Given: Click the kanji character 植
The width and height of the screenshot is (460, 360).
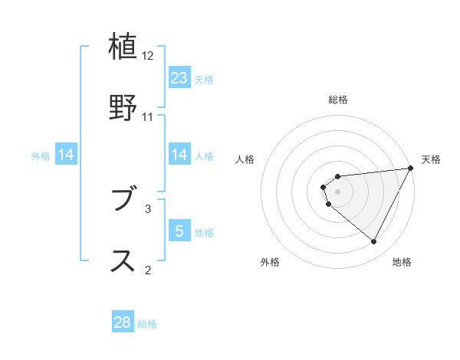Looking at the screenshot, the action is tap(123, 47).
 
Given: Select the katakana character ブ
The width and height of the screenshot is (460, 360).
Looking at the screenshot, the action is tap(123, 201).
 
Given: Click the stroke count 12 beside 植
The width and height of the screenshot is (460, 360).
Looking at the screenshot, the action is tap(148, 56).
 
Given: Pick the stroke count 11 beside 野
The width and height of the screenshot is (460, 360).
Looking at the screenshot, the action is tap(148, 117).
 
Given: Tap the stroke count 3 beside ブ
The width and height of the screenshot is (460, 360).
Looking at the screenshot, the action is tap(148, 208).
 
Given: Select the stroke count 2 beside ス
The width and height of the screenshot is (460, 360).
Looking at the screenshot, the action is tap(148, 269).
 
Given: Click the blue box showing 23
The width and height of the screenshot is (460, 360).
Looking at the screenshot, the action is tap(179, 78).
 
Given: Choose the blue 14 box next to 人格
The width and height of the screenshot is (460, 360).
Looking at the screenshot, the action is tap(179, 155).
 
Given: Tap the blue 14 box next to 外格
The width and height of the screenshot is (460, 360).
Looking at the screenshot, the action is tap(66, 155).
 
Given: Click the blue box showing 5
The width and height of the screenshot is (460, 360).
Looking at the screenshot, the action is tap(179, 231).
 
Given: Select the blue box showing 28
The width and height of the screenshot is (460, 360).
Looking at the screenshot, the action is tap(123, 322).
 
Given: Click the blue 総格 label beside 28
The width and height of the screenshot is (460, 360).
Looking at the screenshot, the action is tap(147, 324).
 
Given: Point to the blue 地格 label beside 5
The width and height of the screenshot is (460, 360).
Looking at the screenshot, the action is tap(204, 233).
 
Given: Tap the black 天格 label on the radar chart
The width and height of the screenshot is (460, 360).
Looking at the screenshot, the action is tap(431, 159).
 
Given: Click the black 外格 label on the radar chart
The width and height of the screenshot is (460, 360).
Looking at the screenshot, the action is tap(270, 262).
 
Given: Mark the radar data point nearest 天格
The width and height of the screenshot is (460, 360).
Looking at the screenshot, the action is tap(411, 169).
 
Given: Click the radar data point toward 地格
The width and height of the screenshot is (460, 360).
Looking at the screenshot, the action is tap(374, 242).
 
